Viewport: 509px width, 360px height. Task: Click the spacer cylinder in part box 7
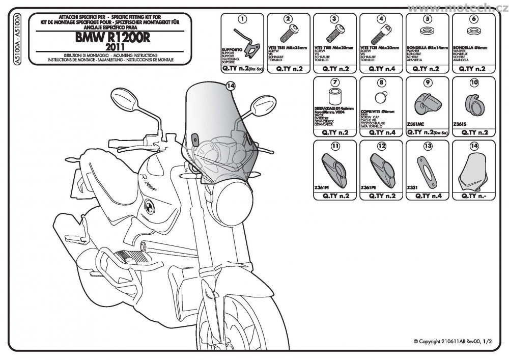[x=335, y=97]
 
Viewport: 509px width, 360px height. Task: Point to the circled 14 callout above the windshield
[x=230, y=87]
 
